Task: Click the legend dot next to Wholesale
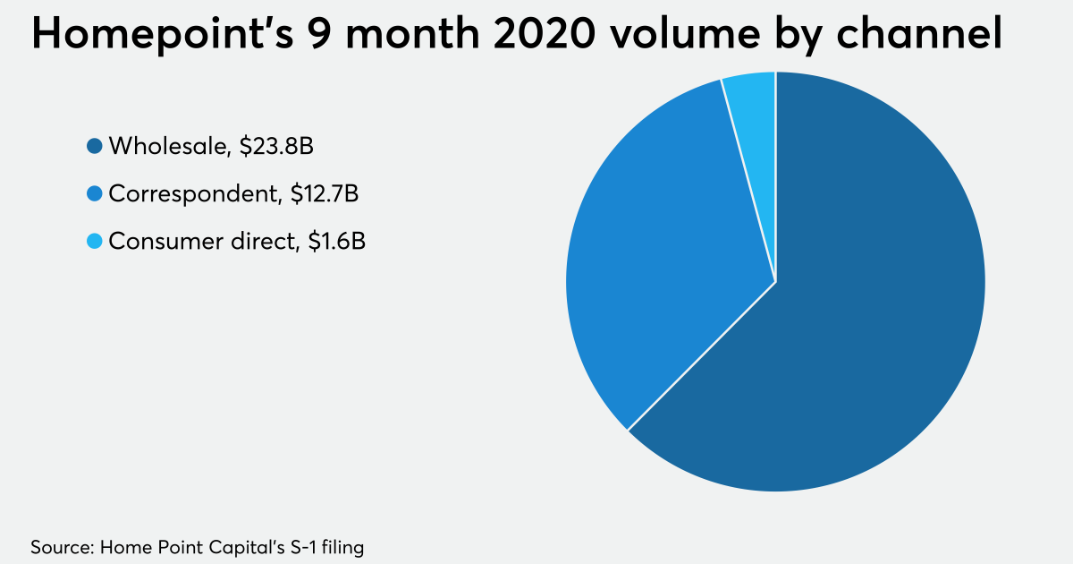[x=94, y=146]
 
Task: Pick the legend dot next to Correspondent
[x=94, y=193]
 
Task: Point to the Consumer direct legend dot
[x=94, y=241]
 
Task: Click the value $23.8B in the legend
[x=276, y=146]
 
